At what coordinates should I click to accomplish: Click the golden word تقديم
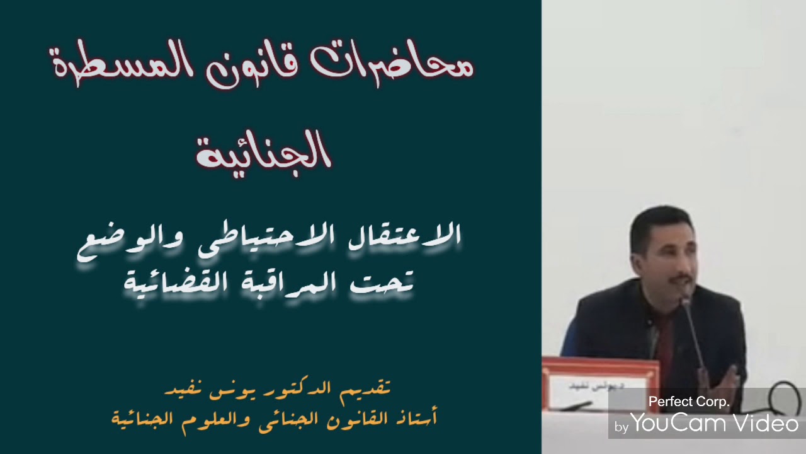pos(368,387)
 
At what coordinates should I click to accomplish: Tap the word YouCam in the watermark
pos(681,424)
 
